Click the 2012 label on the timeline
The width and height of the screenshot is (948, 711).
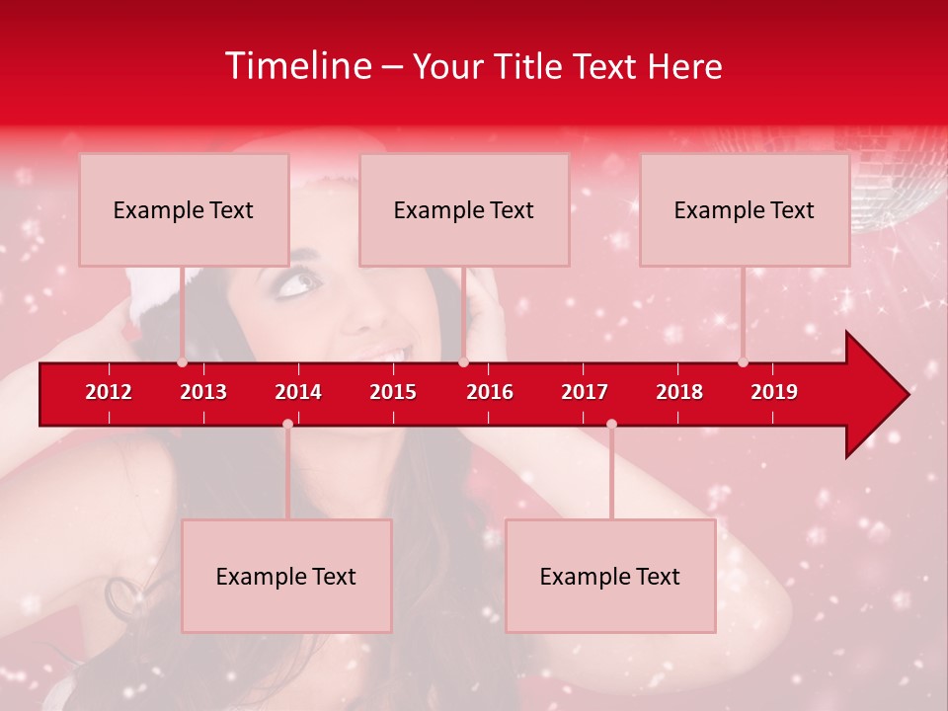109,392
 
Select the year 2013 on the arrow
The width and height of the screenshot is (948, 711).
203,392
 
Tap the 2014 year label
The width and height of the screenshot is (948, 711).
298,392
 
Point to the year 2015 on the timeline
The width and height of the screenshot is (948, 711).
393,392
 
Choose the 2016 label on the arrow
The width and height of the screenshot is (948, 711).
490,392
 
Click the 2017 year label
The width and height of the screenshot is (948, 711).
585,392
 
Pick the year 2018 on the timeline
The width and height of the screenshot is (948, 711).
679,392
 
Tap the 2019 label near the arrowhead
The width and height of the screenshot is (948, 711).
774,392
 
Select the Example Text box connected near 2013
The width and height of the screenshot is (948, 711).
184,209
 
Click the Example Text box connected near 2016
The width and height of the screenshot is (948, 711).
464,209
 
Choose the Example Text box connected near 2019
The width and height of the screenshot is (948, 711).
745,209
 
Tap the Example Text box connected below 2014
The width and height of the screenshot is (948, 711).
286,576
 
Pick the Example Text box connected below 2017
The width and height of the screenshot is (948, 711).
610,576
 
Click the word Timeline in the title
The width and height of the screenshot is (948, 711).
297,66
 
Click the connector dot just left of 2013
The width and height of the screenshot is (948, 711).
182,362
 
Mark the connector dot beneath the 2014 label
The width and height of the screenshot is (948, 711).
287,424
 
